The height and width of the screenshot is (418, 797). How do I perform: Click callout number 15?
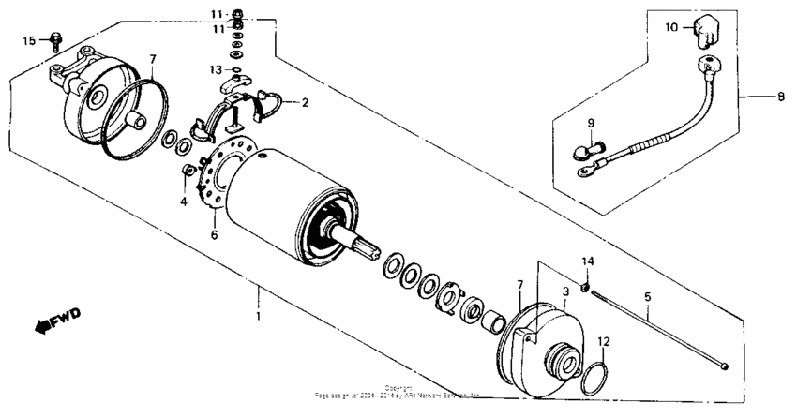(28, 40)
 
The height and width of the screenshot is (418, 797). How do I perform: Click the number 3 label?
(565, 293)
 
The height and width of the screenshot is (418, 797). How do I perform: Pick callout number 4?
(184, 201)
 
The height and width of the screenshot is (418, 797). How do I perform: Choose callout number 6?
(214, 234)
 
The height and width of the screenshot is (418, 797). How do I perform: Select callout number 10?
(670, 28)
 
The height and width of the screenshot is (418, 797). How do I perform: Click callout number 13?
(215, 69)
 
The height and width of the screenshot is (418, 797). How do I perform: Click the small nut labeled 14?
(584, 286)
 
